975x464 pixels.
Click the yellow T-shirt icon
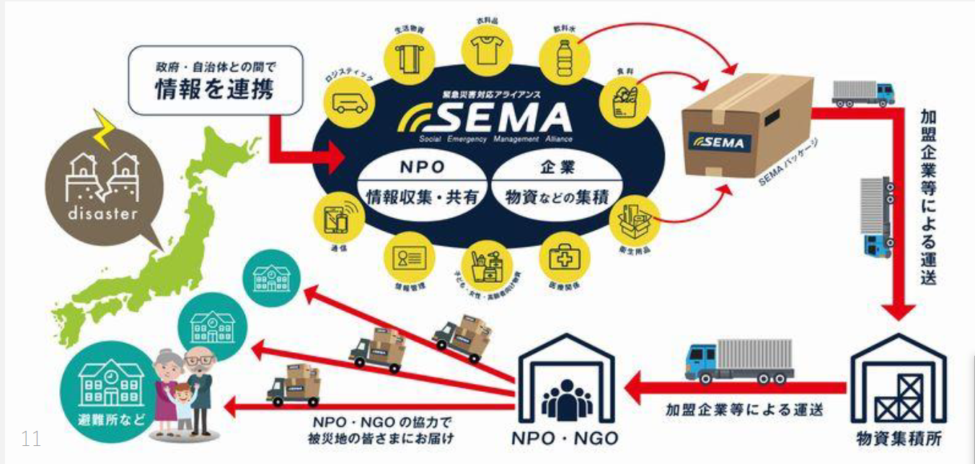click(485, 49)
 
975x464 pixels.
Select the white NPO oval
click(421, 181)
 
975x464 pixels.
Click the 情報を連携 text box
click(213, 81)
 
